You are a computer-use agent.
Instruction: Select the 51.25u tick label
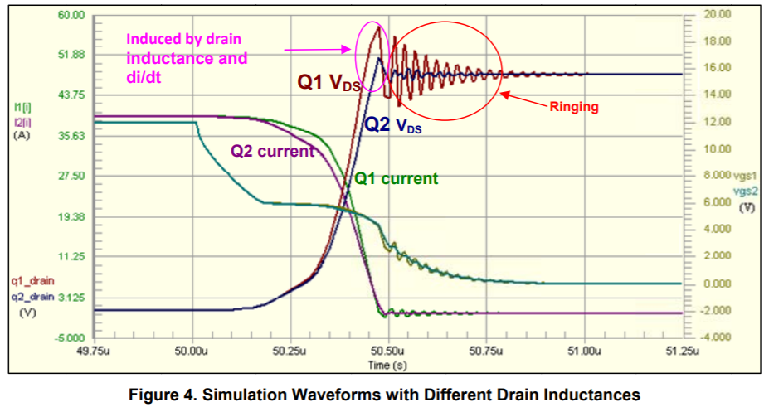point(683,351)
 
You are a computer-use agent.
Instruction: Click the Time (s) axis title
point(389,365)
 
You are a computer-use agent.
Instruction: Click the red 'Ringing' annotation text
point(574,107)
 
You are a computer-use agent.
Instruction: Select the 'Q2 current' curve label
point(271,151)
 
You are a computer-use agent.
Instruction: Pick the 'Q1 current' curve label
point(396,178)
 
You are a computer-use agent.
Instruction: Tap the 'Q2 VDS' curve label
point(393,126)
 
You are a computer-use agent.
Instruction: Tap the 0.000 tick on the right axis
point(715,284)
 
